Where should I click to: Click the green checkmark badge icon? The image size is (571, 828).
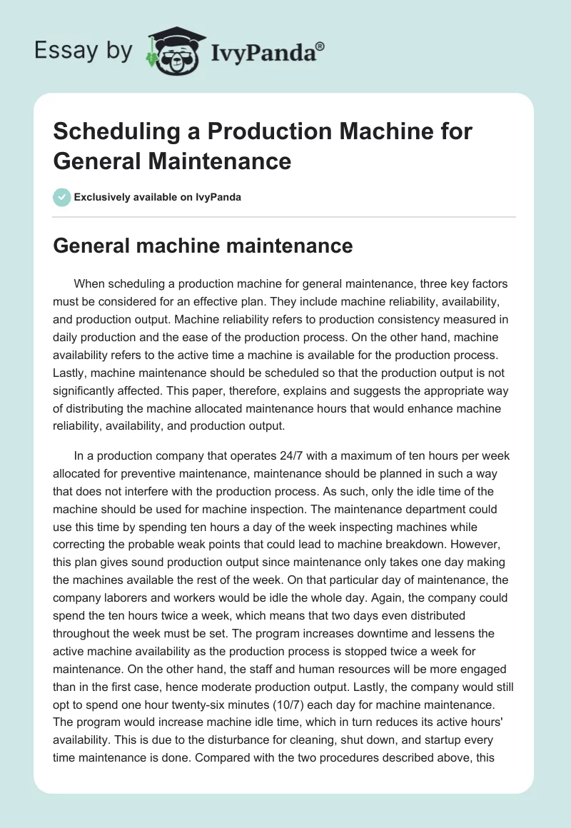(63, 197)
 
